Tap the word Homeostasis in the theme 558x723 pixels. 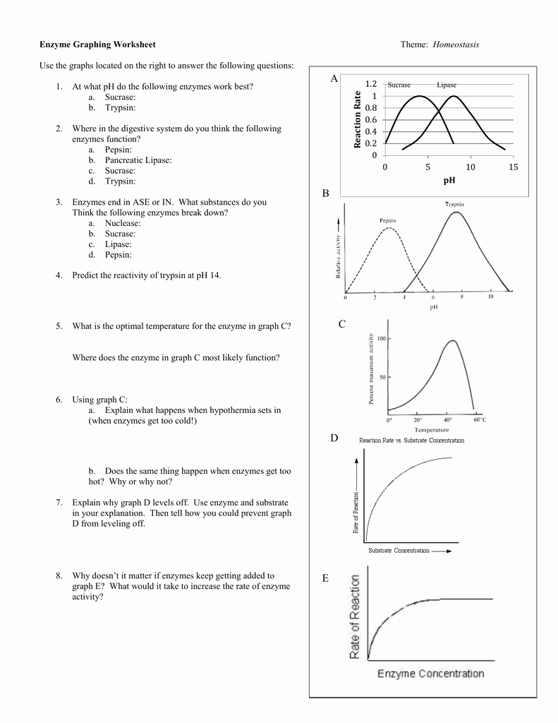point(456,44)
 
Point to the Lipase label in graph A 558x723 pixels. point(447,85)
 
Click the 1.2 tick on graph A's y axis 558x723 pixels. point(371,84)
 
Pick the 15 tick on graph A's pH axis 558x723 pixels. point(513,167)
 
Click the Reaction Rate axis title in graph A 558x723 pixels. point(357,119)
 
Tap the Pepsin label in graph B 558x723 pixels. point(388,220)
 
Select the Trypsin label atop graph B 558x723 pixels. point(454,204)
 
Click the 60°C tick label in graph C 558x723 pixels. point(480,420)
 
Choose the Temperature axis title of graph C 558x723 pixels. point(432,430)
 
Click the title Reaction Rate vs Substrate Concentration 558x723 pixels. point(412,441)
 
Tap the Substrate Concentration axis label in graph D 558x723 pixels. point(399,551)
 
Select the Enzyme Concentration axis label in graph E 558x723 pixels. point(430,674)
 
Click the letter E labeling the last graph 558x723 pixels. point(325,579)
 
